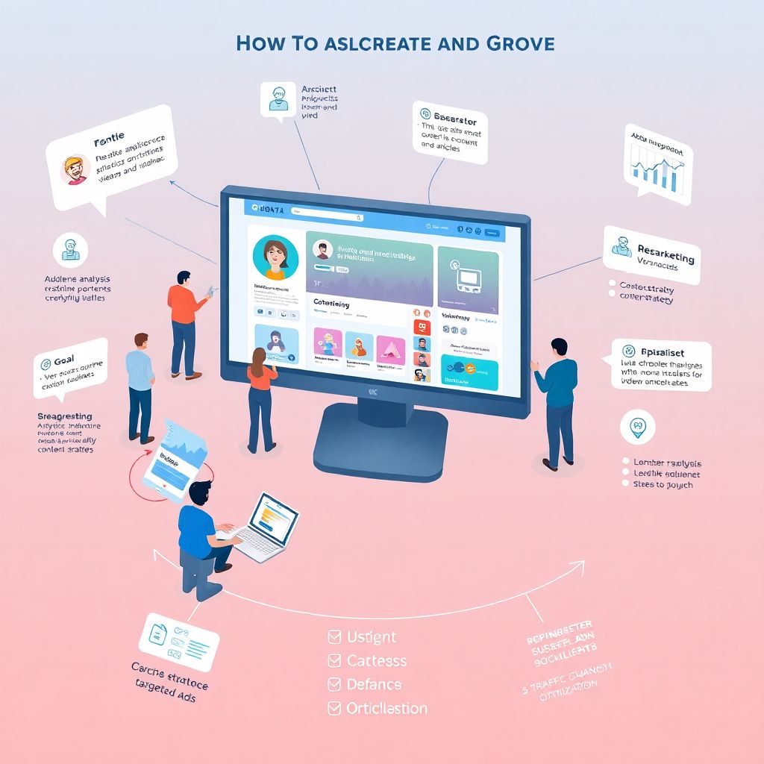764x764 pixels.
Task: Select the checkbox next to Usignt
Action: pyautogui.click(x=334, y=637)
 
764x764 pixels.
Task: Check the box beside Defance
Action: pyautogui.click(x=334, y=684)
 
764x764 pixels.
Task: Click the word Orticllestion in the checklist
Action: pyautogui.click(x=387, y=708)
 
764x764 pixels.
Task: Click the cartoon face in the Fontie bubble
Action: pyautogui.click(x=75, y=170)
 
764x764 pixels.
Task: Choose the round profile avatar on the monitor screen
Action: pyautogui.click(x=275, y=258)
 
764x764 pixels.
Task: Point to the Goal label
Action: pyautogui.click(x=63, y=360)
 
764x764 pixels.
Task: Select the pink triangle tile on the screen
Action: pyautogui.click(x=389, y=346)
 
